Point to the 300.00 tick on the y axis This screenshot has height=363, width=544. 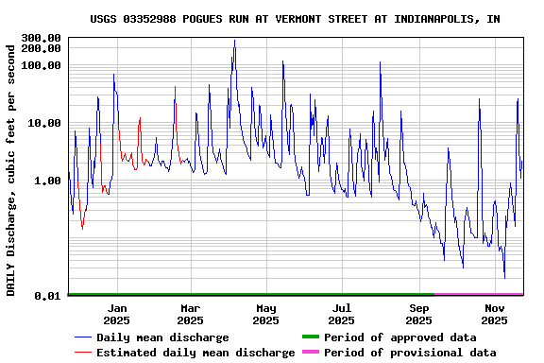pyautogui.click(x=41, y=38)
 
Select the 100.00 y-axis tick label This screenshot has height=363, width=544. pyautogui.click(x=41, y=65)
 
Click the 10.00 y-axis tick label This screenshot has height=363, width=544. pyautogui.click(x=44, y=123)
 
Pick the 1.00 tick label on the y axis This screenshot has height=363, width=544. pyautogui.click(x=47, y=181)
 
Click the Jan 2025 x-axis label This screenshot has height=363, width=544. pyautogui.click(x=117, y=314)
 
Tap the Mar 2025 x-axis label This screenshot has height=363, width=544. pyautogui.click(x=191, y=314)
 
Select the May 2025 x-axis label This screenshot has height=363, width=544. pyautogui.click(x=266, y=314)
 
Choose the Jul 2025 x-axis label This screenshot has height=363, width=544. pyautogui.click(x=342, y=314)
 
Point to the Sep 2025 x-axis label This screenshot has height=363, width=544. pyautogui.click(x=419, y=314)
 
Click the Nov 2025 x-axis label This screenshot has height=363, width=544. pyautogui.click(x=495, y=314)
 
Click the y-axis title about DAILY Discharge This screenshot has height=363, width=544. pyautogui.click(x=11, y=167)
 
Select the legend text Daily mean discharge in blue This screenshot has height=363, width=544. pyautogui.click(x=162, y=337)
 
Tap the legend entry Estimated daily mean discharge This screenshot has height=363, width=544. pyautogui.click(x=195, y=353)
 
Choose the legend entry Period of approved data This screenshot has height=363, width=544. pyautogui.click(x=399, y=337)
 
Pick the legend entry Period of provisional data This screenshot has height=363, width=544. pyautogui.click(x=409, y=353)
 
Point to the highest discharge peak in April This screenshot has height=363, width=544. pyautogui.click(x=234, y=41)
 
